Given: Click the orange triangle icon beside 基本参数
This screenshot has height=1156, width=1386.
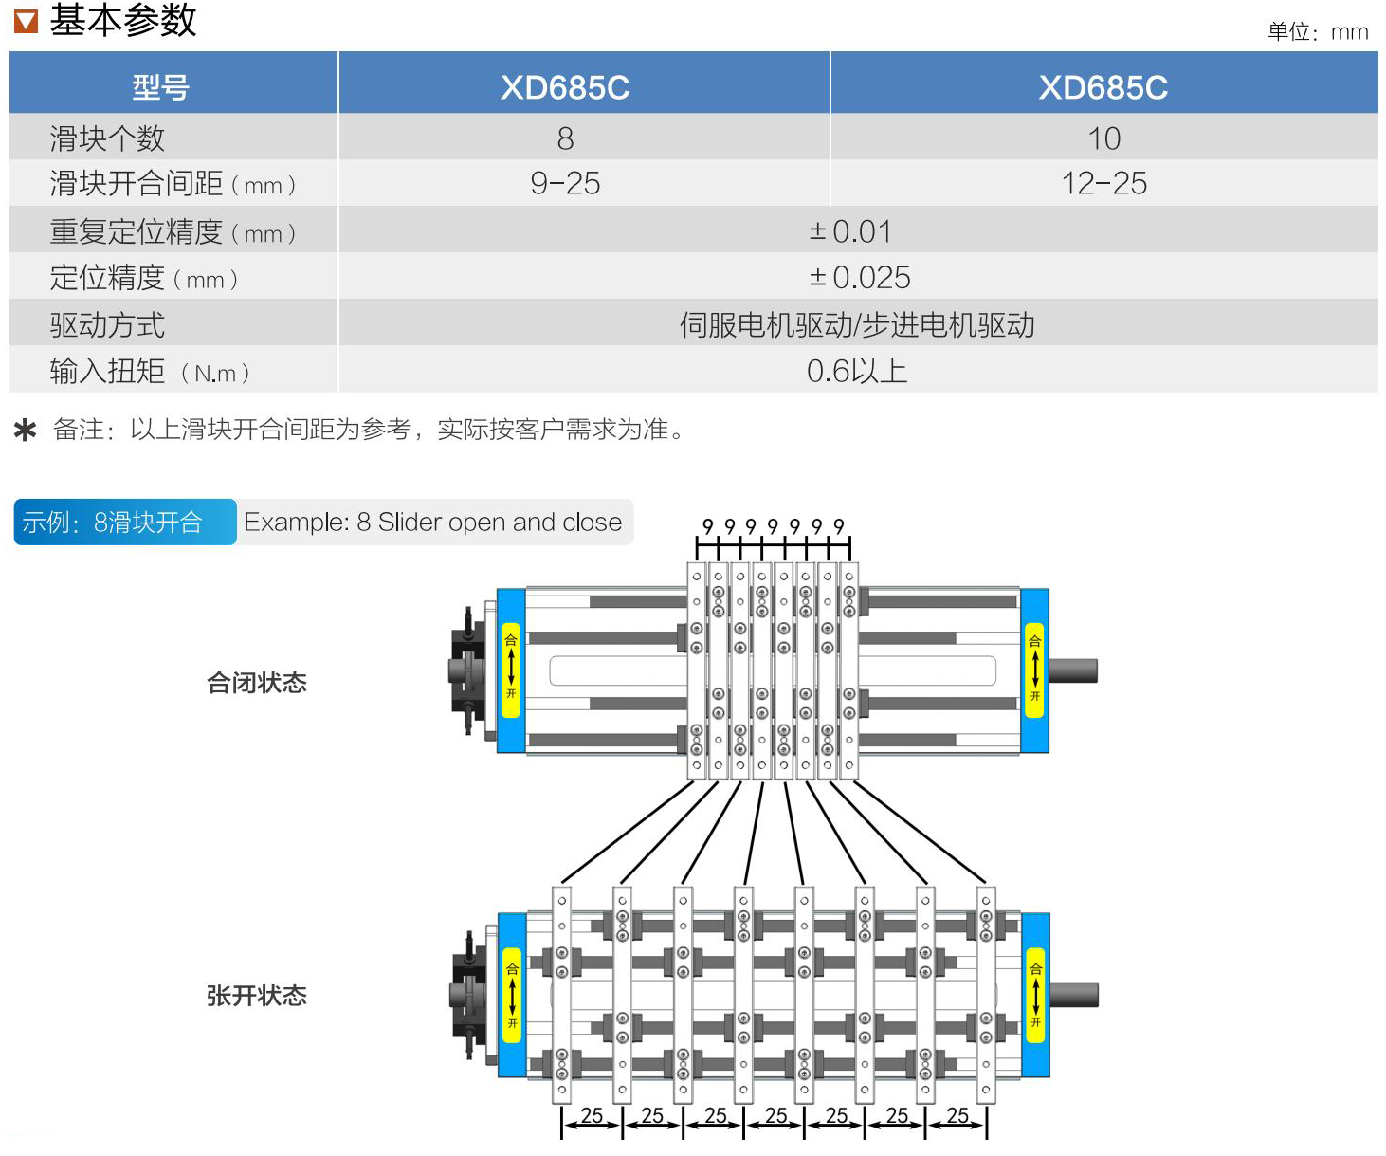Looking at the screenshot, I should pos(26,20).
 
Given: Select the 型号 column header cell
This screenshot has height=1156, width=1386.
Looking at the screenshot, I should pos(160,87).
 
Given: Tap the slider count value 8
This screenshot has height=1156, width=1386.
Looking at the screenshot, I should pos(565,138).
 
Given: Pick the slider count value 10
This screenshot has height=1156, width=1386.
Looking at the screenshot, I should pos(1103,138).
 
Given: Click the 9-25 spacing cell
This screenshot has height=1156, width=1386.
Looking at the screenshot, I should pos(565,183).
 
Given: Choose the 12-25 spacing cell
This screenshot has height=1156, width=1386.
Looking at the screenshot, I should pos(1103,183).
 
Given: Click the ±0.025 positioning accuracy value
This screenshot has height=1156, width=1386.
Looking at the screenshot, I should pos(859,277).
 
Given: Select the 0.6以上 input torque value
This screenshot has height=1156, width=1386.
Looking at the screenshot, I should pos(857,371).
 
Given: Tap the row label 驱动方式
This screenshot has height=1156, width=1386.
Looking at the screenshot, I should pos(107,325).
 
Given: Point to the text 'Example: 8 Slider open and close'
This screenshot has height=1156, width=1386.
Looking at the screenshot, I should pos(433,522).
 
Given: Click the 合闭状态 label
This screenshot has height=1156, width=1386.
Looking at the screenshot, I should pos(257,683).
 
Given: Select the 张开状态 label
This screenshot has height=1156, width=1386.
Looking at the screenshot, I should pos(257,996).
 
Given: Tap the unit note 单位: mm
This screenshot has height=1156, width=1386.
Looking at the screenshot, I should pos(1318,32).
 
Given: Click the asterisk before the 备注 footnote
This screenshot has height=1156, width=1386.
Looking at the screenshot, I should pos(26,431).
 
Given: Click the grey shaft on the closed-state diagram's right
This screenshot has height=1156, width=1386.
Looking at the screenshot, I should pos(1073,670).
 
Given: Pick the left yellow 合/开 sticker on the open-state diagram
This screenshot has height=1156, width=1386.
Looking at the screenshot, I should pos(512,996).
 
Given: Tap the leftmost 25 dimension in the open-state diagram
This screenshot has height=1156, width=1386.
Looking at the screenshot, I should pos(592,1115).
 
